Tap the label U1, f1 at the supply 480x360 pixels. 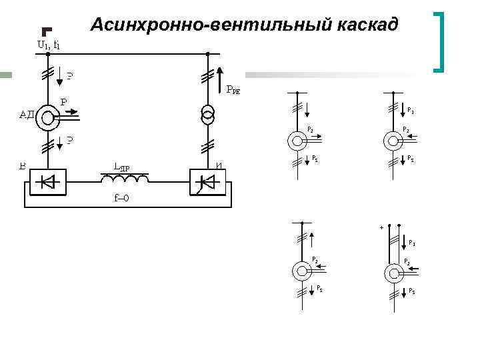(48, 45)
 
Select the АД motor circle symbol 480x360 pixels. (48, 119)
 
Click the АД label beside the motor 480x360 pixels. (27, 114)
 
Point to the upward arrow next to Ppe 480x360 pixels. (220, 78)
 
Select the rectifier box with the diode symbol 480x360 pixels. (49, 181)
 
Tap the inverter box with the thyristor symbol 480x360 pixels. (206, 181)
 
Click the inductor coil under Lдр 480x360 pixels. (125, 180)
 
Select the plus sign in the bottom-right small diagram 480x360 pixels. (381, 227)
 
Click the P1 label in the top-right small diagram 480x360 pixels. (411, 111)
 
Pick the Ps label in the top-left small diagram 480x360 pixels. (315, 158)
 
